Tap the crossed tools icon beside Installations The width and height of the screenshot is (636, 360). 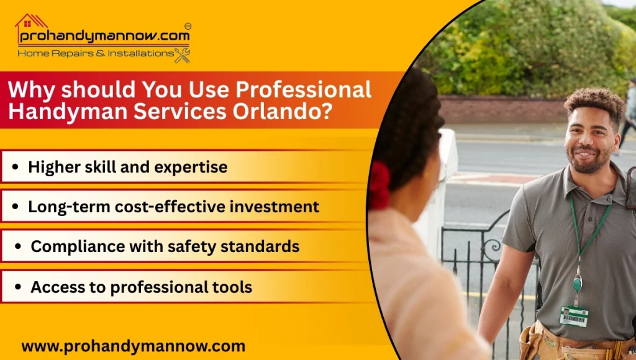182,55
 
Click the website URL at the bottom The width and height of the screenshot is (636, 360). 133,346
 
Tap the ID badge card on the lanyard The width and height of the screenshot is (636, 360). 573,316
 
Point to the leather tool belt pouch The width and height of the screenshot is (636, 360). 534,343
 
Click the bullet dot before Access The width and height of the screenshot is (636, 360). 17,287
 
